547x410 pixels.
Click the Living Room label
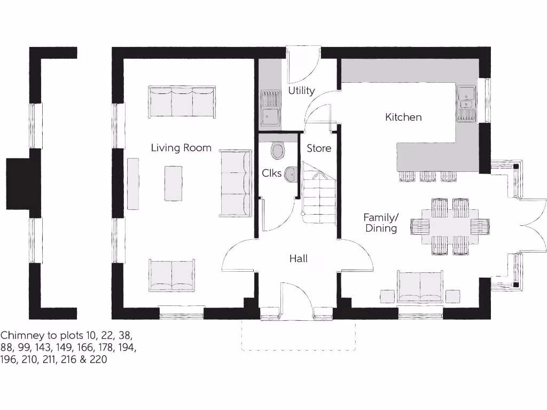pyautogui.click(x=181, y=148)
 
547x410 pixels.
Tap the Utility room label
pyautogui.click(x=301, y=91)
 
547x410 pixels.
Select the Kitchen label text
pyautogui.click(x=403, y=117)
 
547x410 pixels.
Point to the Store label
pyautogui.click(x=319, y=148)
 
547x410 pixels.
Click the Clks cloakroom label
pyautogui.click(x=271, y=174)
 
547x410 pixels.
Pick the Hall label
pyautogui.click(x=298, y=259)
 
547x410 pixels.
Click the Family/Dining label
pyautogui.click(x=380, y=223)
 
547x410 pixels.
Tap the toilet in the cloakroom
pyautogui.click(x=278, y=150)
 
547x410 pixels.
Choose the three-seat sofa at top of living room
pyautogui.click(x=182, y=101)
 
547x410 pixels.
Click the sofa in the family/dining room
pyautogui.click(x=420, y=286)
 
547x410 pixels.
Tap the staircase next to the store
pyautogui.click(x=318, y=194)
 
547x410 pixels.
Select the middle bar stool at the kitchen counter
pyautogui.click(x=428, y=176)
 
